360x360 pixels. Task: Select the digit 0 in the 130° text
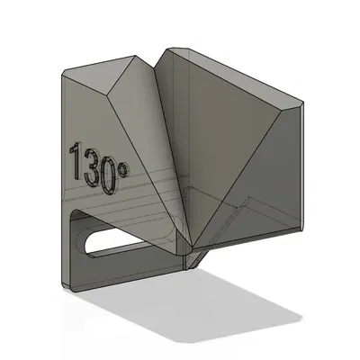(x=108, y=175)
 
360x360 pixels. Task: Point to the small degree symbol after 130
(x=121, y=166)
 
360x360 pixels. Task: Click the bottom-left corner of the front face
(x=65, y=286)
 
